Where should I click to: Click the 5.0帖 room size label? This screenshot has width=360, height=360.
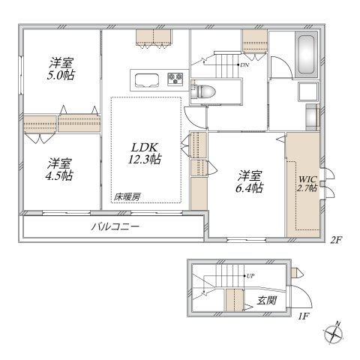61,76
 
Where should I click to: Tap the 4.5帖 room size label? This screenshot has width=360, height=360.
60,175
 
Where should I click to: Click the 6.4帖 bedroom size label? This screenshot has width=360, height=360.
250,188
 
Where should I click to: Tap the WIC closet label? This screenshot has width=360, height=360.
307,179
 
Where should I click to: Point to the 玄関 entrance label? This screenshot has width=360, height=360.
268,300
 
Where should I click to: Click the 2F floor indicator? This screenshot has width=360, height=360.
336,240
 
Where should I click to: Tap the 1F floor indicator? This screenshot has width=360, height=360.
303,316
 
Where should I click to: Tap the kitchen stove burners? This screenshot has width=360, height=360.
176,79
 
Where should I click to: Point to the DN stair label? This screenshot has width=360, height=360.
244,64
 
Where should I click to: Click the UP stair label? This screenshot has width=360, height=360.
250,275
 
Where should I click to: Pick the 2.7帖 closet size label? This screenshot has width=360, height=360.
307,189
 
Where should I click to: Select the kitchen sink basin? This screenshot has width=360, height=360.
144,79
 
